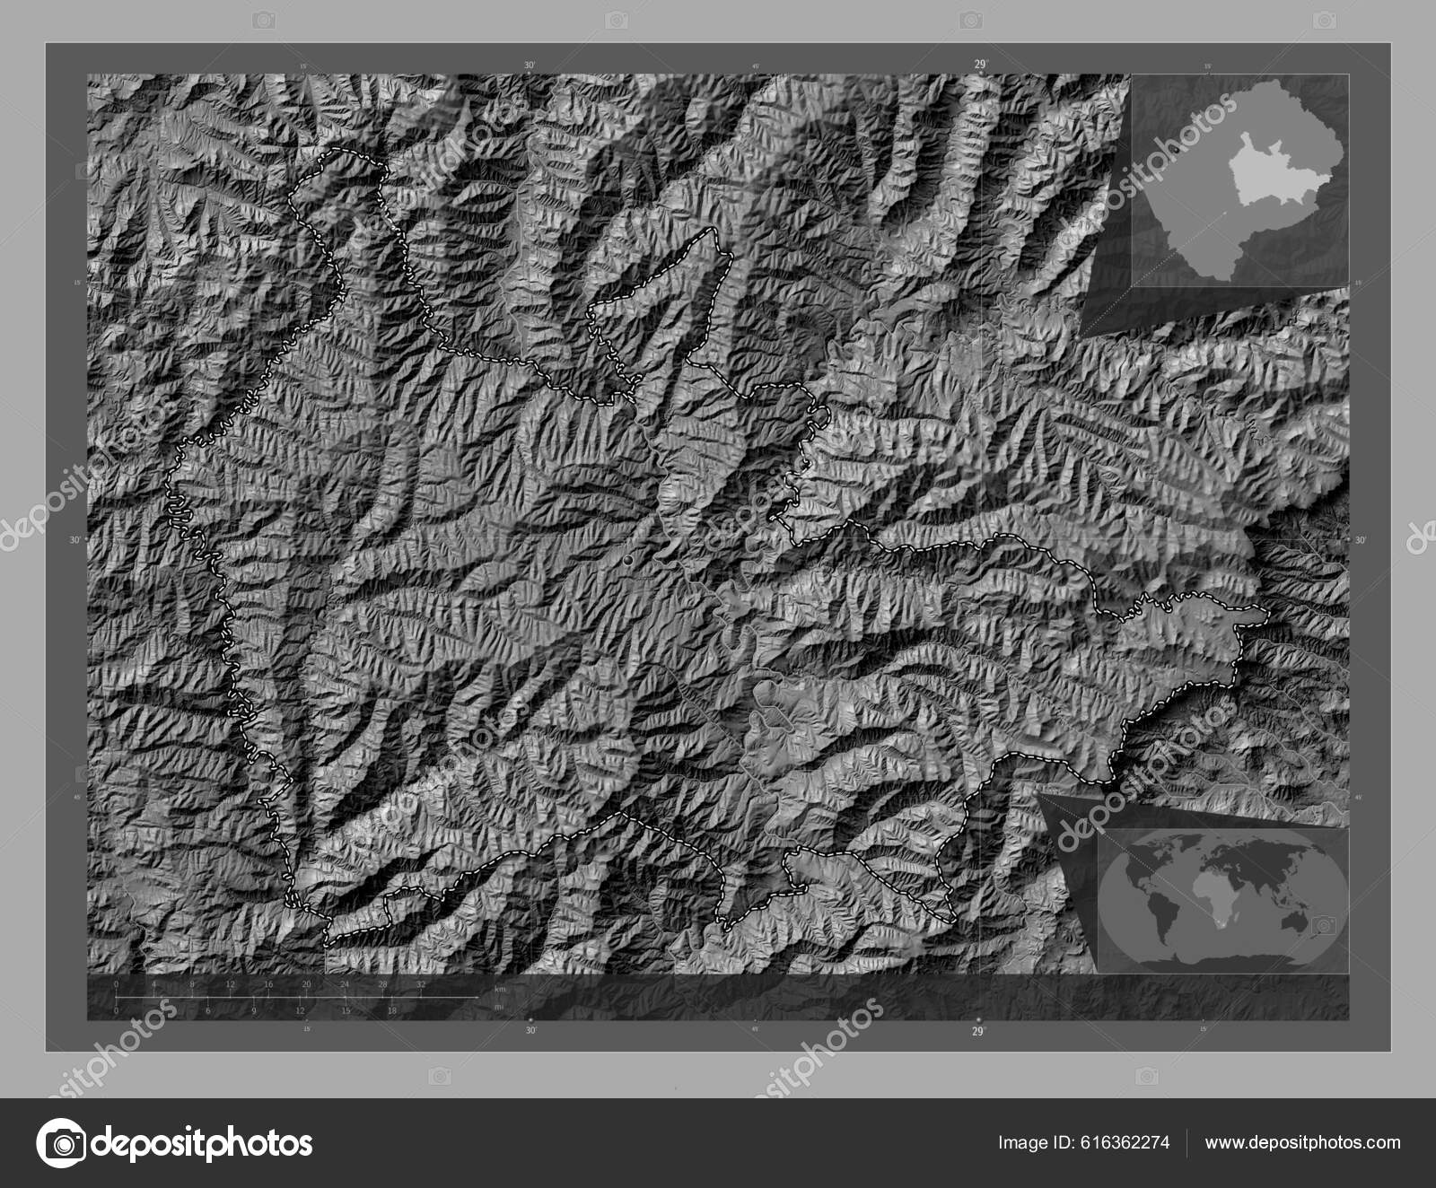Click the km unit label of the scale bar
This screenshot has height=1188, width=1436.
coord(500,988)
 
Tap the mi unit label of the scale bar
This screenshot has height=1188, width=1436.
coord(498,1007)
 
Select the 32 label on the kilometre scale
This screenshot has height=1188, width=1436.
coord(420,985)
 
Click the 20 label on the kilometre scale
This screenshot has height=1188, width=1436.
coord(306,985)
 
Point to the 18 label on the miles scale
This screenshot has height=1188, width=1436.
coord(391,1010)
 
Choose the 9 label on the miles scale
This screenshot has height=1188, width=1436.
coord(254,1010)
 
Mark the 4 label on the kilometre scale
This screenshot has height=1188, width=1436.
coord(154,985)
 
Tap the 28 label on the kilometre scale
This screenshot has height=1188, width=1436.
coord(382,985)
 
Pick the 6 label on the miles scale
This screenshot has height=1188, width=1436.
coord(208,1010)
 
